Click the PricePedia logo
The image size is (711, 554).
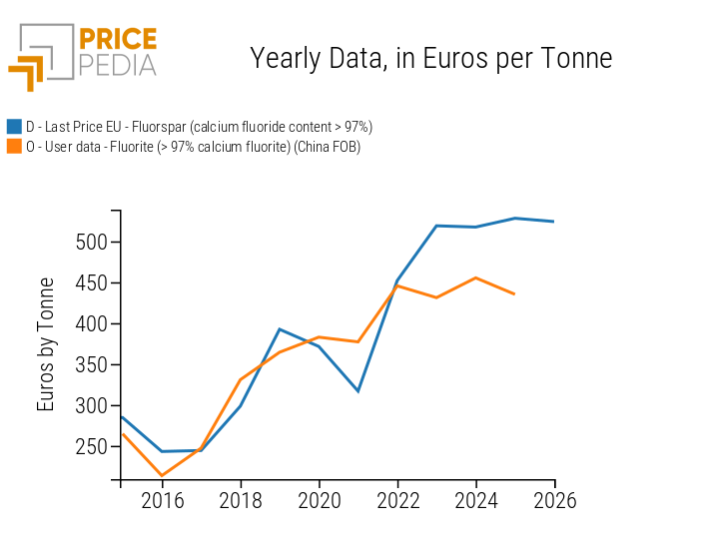coord(84,56)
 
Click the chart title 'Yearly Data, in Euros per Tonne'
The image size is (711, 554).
coord(430,59)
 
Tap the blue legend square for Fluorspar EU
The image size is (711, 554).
coord(14,127)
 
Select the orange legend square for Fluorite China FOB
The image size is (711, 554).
coord(14,147)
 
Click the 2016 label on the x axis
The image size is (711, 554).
coord(162,500)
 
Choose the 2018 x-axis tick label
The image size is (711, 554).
coord(241,500)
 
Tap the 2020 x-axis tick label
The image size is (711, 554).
coord(320,500)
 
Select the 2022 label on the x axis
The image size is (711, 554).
coord(397,500)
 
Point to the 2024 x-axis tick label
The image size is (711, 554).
coord(476,500)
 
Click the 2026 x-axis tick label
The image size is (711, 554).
coord(555,500)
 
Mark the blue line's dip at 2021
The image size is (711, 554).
coord(358,391)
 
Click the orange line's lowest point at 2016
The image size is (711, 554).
coord(161,476)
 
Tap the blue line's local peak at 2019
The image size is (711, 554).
coord(280,329)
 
